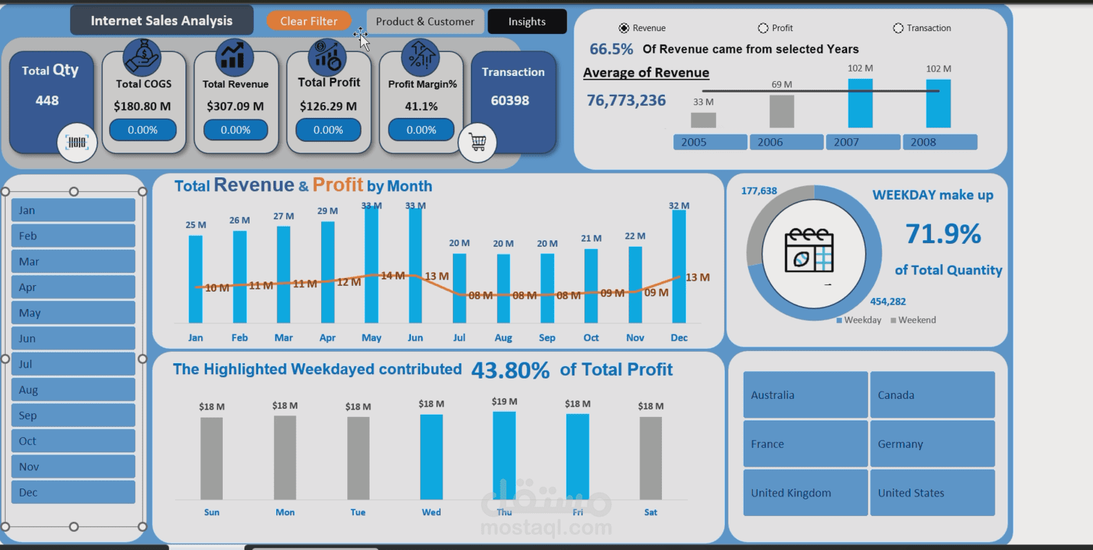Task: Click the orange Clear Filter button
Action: pos(308,21)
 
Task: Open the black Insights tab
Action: pos(527,22)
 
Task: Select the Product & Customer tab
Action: pos(425,22)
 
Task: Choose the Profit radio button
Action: pos(762,28)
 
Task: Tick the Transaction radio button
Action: pos(898,28)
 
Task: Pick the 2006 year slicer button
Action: pos(786,142)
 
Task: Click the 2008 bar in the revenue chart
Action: pos(938,103)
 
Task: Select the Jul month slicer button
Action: pos(73,364)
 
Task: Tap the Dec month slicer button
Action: pos(73,492)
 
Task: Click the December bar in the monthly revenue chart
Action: pos(679,266)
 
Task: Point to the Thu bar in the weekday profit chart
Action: pos(504,456)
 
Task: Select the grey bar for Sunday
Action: pos(211,459)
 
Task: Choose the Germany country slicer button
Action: pos(932,444)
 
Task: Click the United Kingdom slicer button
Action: pos(806,493)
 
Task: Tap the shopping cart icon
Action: pos(477,142)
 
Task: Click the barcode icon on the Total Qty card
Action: pos(77,143)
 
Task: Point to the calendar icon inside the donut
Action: pos(809,250)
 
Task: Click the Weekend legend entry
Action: pos(914,320)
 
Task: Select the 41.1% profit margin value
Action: pos(421,106)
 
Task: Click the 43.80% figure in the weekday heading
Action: pos(510,371)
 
